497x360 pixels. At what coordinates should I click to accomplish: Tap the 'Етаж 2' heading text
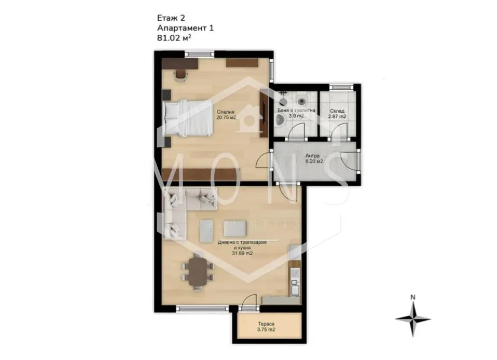pos(171,18)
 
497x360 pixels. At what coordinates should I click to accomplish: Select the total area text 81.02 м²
pos(174,38)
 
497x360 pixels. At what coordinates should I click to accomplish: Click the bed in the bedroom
pos(188,118)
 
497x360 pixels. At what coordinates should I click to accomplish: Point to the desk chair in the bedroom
pos(181,75)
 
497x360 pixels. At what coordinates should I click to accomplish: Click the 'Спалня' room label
pos(225,112)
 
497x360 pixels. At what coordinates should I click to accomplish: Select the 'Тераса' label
pos(266,324)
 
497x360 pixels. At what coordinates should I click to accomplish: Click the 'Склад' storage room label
pos(337,111)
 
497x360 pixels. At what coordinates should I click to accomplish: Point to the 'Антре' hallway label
pos(312,156)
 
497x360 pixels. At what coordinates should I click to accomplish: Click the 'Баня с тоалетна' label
pos(296,110)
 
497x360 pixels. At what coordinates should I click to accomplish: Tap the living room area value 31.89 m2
pos(242,253)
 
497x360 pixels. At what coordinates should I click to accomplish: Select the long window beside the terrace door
pos(202,308)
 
